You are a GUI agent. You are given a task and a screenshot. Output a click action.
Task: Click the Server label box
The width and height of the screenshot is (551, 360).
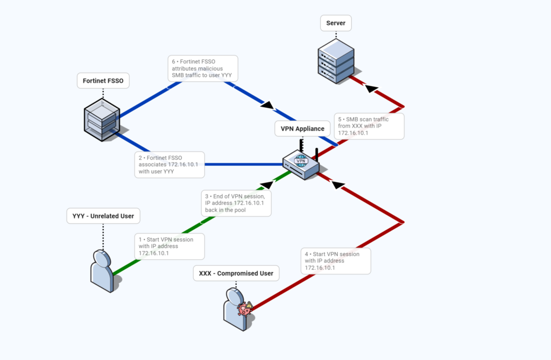point(336,23)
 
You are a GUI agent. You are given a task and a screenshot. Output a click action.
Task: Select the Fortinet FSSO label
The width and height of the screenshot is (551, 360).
point(103,81)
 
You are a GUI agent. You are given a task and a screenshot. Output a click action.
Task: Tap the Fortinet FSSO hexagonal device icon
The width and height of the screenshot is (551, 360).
point(102,120)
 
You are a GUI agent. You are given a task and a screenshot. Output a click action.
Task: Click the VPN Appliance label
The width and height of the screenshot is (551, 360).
point(302,129)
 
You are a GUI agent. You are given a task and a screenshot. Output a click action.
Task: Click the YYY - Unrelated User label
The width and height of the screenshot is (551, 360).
point(103,216)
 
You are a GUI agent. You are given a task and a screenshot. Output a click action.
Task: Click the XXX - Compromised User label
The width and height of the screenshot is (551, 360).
point(236,273)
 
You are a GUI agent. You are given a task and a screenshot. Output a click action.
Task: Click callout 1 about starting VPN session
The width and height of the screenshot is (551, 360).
point(169,246)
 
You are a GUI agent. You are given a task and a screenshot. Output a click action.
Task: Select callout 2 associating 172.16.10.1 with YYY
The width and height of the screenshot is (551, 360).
point(169,165)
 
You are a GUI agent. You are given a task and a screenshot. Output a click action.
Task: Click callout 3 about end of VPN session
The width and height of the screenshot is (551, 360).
point(236,203)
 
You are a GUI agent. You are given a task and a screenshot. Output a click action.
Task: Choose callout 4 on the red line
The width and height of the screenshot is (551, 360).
point(336,260)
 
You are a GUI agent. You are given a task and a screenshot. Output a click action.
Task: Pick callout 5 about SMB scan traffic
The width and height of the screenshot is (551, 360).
point(369,126)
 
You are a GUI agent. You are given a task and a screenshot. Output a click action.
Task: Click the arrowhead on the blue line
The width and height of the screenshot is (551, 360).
point(267,104)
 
